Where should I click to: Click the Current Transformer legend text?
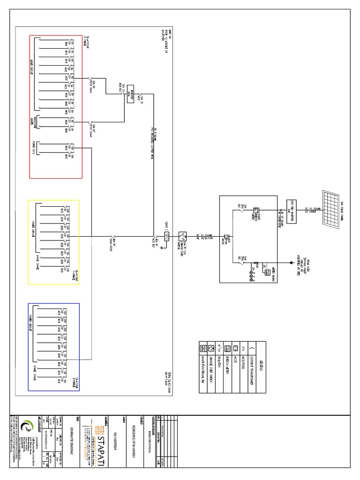point(253,370)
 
